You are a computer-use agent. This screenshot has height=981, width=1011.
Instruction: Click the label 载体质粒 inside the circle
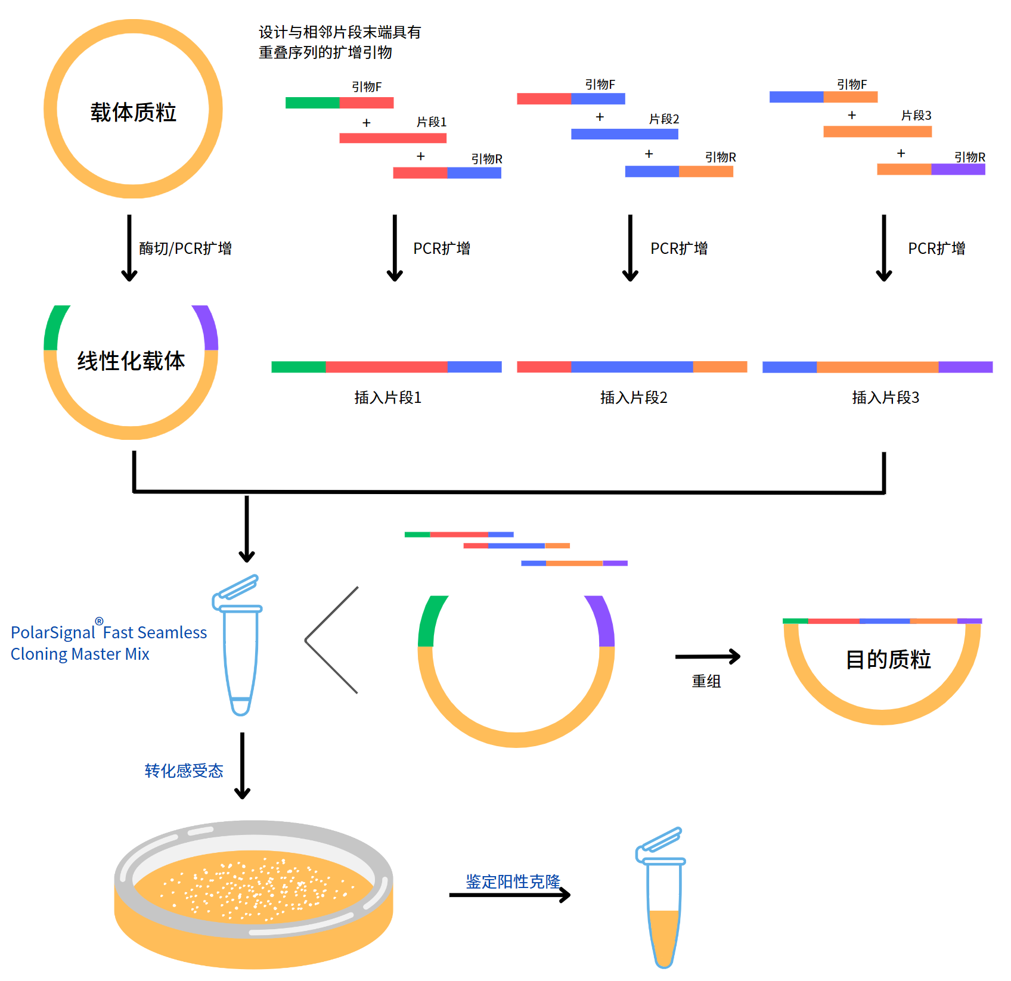point(133,112)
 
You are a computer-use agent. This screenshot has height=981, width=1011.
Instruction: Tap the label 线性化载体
point(131,361)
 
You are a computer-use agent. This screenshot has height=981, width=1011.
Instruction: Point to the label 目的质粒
point(888,659)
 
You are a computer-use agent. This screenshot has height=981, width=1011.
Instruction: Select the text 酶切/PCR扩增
point(185,249)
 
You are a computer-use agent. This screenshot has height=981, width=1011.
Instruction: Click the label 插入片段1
point(388,398)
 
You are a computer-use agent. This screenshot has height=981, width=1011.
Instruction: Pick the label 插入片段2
point(634,398)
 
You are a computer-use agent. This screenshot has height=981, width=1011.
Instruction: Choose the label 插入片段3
point(885,398)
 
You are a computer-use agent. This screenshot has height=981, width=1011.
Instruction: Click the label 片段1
point(432,122)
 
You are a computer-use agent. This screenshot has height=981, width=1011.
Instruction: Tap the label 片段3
point(916,116)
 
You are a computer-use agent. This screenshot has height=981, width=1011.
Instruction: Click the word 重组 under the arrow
point(706,681)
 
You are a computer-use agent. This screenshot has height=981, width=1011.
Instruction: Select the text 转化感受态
point(184,771)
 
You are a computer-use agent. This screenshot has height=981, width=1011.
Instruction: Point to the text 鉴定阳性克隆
point(513,881)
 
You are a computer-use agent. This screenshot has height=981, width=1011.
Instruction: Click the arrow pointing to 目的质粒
point(708,657)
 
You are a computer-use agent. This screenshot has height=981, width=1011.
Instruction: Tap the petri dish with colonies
point(253,894)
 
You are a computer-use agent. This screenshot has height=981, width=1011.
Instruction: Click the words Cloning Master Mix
point(80,654)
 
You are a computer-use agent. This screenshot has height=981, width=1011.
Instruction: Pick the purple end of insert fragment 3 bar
point(965,367)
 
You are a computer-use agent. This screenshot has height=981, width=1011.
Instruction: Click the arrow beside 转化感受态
point(242,766)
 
